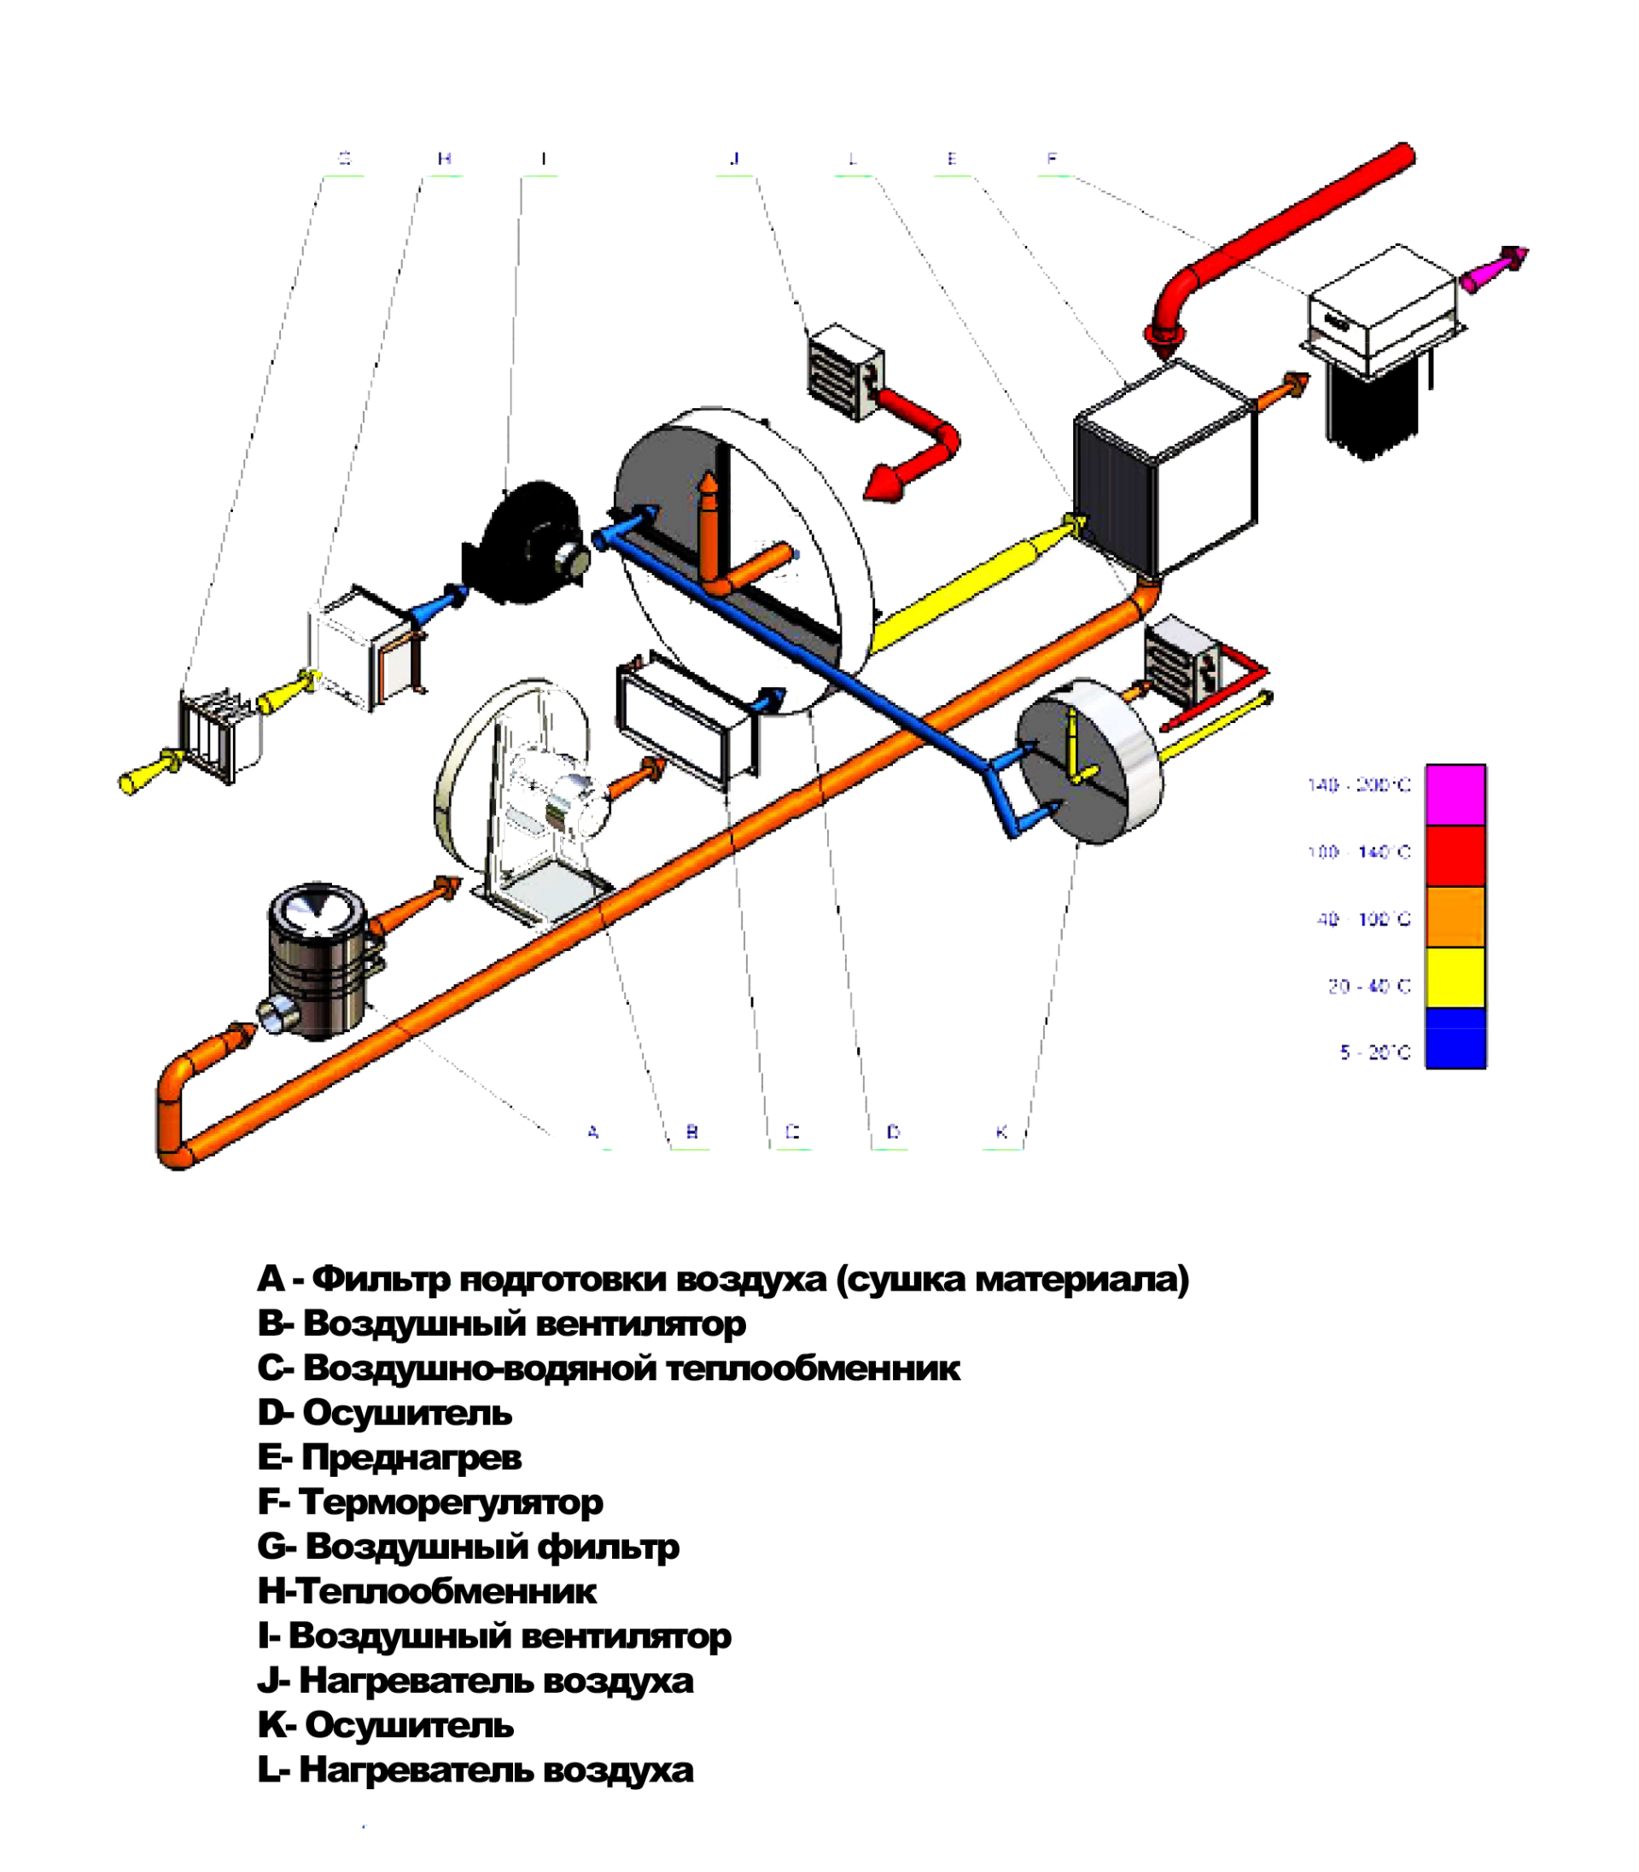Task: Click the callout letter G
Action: point(344,158)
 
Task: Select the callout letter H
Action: point(445,158)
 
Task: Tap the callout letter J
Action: point(734,158)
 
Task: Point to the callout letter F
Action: point(1052,158)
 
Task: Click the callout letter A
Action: point(592,1132)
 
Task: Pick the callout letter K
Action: point(1001,1132)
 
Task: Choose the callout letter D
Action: point(895,1132)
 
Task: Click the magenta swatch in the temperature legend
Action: point(1455,794)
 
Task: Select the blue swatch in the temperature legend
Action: point(1455,1037)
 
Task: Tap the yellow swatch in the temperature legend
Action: point(1455,977)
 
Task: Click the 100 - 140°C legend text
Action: point(1358,852)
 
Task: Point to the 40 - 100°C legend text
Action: point(1362,919)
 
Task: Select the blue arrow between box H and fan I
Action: point(439,604)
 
